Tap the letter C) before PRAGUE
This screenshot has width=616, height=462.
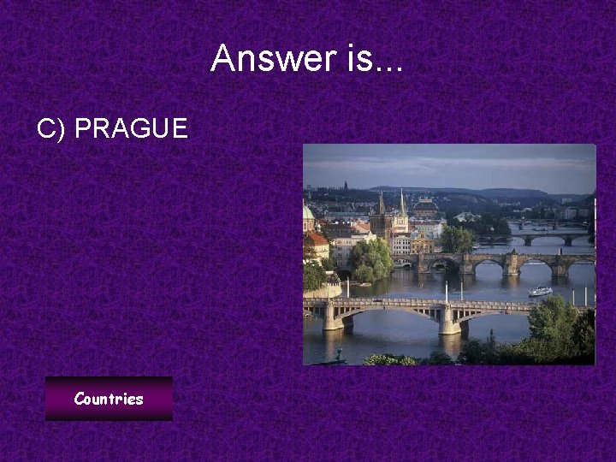tap(51, 129)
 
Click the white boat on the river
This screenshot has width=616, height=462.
tap(540, 291)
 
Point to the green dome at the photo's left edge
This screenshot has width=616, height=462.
tap(308, 212)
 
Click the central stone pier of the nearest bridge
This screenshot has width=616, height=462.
tap(448, 320)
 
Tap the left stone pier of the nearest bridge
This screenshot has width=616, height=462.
tap(333, 317)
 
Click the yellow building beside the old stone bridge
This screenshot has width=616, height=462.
tap(423, 245)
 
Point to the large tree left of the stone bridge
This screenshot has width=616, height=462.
tap(371, 258)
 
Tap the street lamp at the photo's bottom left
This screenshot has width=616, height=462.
tap(339, 352)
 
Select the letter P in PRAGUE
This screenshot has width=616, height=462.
tap(83, 129)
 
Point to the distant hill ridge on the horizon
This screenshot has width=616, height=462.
tap(479, 192)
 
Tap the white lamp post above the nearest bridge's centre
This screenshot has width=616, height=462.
tap(445, 290)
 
